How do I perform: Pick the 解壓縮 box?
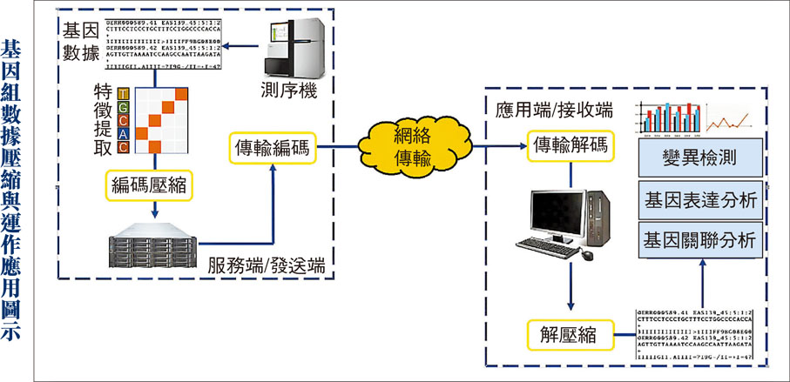[x=571, y=332]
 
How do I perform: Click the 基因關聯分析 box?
[x=702, y=238]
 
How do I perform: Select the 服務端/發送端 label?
[x=267, y=265]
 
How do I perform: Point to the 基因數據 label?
[x=77, y=42]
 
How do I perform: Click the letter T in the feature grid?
[x=124, y=94]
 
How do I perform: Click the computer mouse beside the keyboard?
[x=588, y=254]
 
